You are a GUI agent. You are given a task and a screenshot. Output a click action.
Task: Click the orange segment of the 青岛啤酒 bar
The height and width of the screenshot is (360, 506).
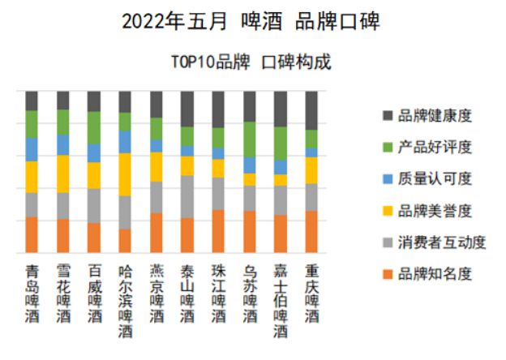click(32, 234)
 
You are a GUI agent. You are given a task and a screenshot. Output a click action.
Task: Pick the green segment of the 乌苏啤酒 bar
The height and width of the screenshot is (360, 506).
click(250, 139)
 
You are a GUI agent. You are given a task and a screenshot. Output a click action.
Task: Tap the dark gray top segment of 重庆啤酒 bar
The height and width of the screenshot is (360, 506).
click(311, 110)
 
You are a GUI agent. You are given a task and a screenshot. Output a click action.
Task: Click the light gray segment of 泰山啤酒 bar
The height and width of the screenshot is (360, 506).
click(187, 197)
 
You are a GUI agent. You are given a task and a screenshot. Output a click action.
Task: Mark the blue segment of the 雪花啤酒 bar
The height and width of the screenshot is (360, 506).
click(62, 144)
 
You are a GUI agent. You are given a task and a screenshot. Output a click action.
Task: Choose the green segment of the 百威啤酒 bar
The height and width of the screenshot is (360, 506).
click(94, 127)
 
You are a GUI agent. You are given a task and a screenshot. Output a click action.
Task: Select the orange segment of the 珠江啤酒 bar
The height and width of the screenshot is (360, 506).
click(218, 231)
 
